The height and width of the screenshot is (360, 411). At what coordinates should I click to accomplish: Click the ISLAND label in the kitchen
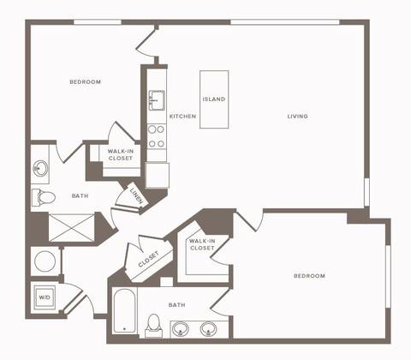pyautogui.click(x=214, y=99)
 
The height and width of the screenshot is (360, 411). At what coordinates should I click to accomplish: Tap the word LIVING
pyautogui.click(x=297, y=117)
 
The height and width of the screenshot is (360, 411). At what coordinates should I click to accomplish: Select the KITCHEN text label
pyautogui.click(x=182, y=117)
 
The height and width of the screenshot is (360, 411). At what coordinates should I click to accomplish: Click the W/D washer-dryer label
pyautogui.click(x=44, y=297)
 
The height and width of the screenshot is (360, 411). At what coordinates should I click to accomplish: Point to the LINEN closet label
pyautogui.click(x=136, y=195)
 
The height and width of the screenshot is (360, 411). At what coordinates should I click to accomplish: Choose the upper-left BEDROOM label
pyautogui.click(x=85, y=82)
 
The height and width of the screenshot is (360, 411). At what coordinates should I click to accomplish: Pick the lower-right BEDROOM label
pyautogui.click(x=309, y=276)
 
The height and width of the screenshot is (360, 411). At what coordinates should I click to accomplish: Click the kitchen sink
pyautogui.click(x=156, y=101)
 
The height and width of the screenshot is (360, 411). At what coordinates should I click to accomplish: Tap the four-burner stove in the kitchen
pyautogui.click(x=156, y=136)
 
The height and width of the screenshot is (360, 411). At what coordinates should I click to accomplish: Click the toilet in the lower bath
pyautogui.click(x=154, y=324)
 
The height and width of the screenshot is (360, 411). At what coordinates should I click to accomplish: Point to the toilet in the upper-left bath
pyautogui.click(x=44, y=198)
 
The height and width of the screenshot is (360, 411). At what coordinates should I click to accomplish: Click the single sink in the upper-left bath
pyautogui.click(x=41, y=168)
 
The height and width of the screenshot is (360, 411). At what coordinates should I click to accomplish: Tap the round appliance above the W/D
pyautogui.click(x=44, y=261)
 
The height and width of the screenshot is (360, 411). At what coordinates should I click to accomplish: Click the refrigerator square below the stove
pyautogui.click(x=156, y=175)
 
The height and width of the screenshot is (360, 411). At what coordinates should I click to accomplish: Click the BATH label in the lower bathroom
pyautogui.click(x=176, y=304)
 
